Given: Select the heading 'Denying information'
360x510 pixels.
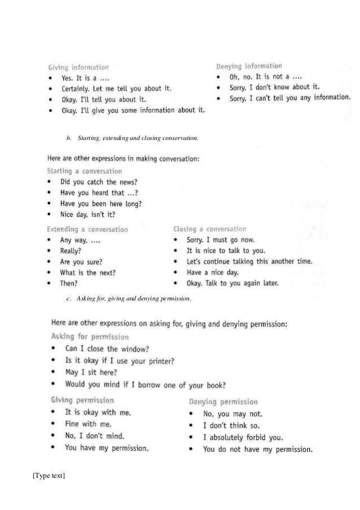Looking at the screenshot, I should [x=248, y=66].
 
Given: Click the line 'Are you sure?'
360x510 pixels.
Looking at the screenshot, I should [x=82, y=261].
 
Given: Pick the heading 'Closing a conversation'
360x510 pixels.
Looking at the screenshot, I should [x=209, y=229].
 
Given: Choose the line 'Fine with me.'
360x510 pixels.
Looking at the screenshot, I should [x=88, y=424].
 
